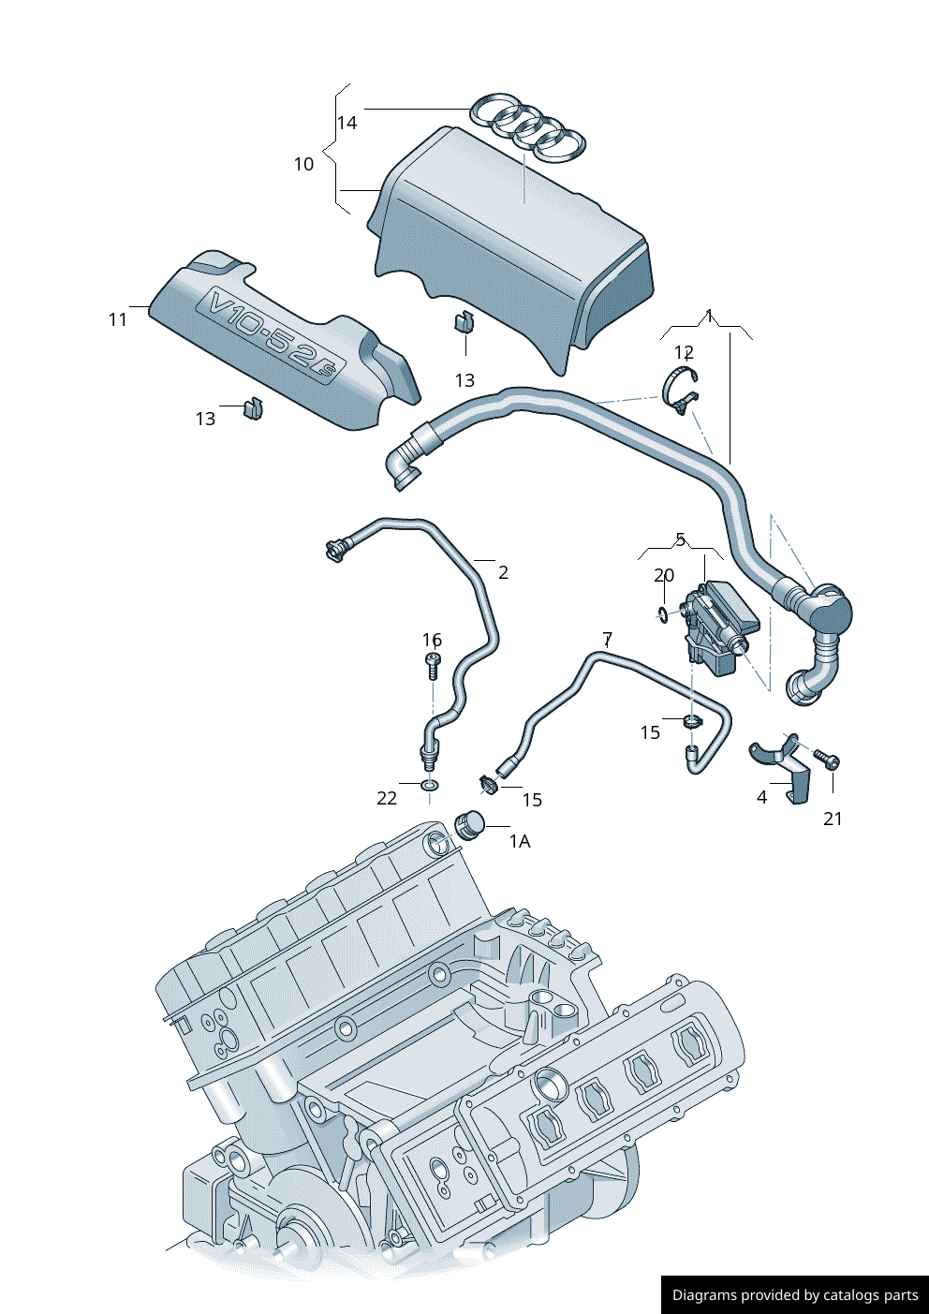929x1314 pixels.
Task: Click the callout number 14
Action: point(347,123)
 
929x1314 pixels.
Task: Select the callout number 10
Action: point(303,164)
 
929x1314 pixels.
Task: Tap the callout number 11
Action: point(117,319)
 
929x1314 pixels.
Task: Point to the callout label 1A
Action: point(520,841)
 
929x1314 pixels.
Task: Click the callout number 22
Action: point(387,798)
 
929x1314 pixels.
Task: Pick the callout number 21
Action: point(833,819)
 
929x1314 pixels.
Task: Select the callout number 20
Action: point(664,575)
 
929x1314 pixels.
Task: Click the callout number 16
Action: point(432,640)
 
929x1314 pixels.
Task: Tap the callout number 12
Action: point(684,352)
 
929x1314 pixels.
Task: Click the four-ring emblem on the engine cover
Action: point(528,125)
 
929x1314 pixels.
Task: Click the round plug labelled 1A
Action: point(469,825)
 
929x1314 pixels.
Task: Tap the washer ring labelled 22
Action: point(430,784)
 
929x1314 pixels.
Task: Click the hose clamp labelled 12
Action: point(681,391)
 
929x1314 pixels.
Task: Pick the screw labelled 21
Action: point(826,758)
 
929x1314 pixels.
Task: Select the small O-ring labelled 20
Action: point(663,614)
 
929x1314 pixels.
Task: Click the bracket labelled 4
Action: point(785,765)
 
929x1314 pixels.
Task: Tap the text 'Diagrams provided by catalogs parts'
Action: point(795,1295)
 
